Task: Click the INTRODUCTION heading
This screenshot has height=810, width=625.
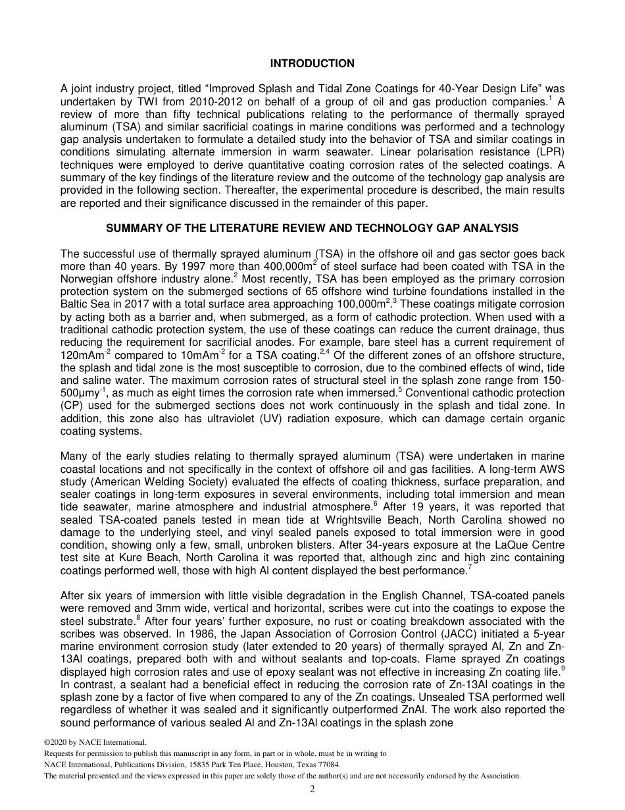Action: (312, 64)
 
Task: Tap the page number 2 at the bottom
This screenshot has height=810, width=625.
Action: (312, 790)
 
